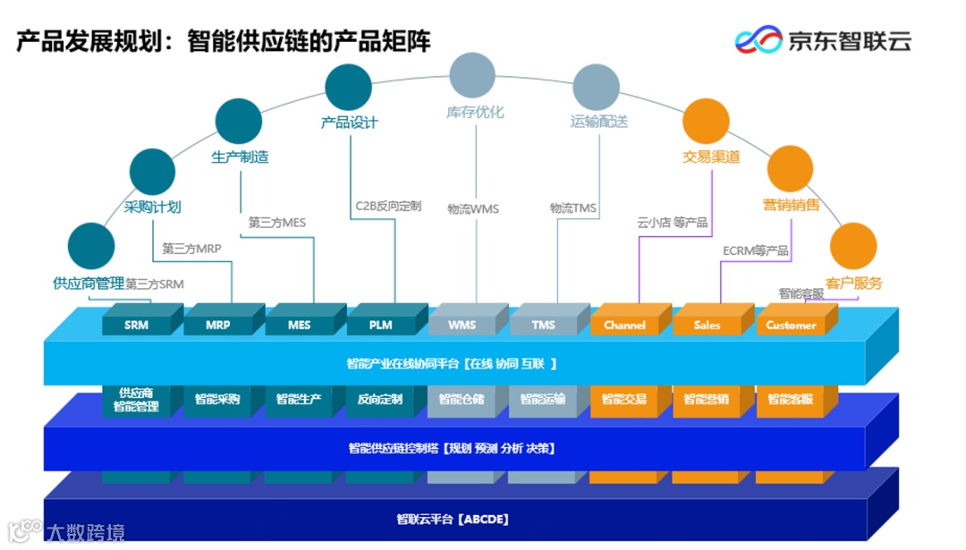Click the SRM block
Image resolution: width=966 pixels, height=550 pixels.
point(137,325)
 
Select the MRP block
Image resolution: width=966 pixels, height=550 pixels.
point(218,325)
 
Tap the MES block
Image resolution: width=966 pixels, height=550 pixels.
point(300,325)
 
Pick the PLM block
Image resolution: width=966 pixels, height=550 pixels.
point(381,325)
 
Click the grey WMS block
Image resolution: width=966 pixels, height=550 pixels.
point(462,325)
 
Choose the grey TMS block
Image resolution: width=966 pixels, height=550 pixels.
point(543,325)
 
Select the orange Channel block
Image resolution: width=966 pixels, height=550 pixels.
point(624,325)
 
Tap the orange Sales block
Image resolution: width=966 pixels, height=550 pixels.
point(707,325)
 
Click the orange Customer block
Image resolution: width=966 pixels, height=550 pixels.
point(791,325)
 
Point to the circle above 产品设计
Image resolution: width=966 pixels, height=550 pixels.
point(349,87)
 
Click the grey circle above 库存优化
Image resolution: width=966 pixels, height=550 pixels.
point(472,75)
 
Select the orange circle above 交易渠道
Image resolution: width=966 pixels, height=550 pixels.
point(706,122)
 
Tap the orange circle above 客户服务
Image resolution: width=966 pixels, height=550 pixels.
point(852,245)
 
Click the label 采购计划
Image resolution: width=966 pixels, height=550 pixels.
point(153,207)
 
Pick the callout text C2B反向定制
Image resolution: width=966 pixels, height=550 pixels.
point(388,206)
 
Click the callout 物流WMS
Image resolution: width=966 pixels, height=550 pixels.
point(473,208)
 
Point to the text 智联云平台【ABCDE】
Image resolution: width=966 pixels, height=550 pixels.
point(453,519)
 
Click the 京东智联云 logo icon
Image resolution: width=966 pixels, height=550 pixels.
point(758,39)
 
